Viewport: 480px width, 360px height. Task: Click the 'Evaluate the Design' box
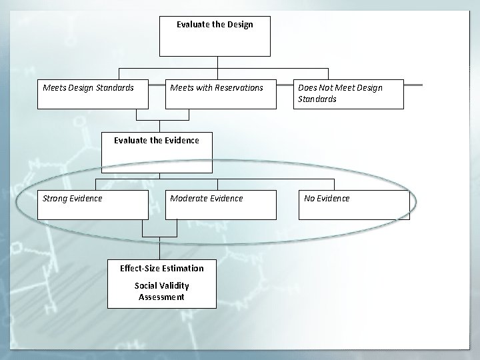pyautogui.click(x=215, y=36)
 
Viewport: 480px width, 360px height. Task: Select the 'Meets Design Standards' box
pyautogui.click(x=93, y=94)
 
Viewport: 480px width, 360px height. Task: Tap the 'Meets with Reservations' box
pyautogui.click(x=220, y=94)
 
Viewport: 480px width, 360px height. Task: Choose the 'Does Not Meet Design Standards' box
pyautogui.click(x=349, y=94)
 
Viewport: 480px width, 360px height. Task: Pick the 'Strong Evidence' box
pyautogui.click(x=93, y=205)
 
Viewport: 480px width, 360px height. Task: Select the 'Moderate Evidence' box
pyautogui.click(x=220, y=205)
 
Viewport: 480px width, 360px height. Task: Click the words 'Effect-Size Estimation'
pyautogui.click(x=162, y=269)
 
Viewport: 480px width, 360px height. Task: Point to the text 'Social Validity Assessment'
pyautogui.click(x=162, y=291)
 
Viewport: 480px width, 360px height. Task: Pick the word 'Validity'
pyautogui.click(x=175, y=286)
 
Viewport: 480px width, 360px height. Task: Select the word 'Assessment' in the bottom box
pyautogui.click(x=162, y=297)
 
